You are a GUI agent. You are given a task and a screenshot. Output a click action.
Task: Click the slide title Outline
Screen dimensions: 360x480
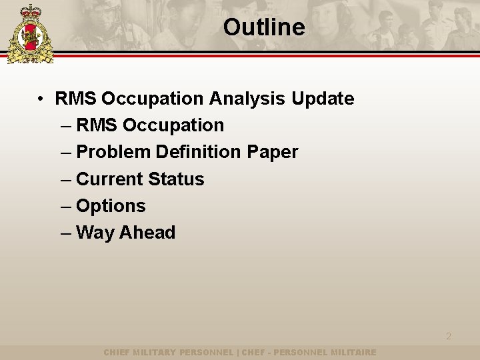264,27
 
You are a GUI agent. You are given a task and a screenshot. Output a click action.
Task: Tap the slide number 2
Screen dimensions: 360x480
448,336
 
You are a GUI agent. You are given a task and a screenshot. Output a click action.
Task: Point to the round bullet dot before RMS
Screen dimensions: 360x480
41,99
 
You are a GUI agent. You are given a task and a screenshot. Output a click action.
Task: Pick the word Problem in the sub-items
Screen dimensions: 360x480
113,152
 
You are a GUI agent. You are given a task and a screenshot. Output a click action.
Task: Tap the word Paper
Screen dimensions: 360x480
272,152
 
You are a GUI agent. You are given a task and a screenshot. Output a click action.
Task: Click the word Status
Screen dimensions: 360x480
176,179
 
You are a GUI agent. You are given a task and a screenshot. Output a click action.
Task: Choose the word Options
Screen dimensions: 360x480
111,206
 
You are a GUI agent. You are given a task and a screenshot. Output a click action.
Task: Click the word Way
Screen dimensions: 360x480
93,233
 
